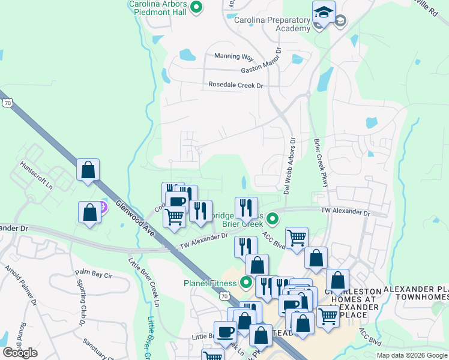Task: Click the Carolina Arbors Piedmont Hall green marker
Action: tap(196, 7)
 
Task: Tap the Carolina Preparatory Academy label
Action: tap(272, 25)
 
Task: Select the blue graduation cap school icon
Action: tap(324, 13)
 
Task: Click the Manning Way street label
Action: tap(234, 56)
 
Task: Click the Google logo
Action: tap(20, 353)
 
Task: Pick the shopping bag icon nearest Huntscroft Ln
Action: tap(88, 170)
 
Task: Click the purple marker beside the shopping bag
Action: tap(103, 208)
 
